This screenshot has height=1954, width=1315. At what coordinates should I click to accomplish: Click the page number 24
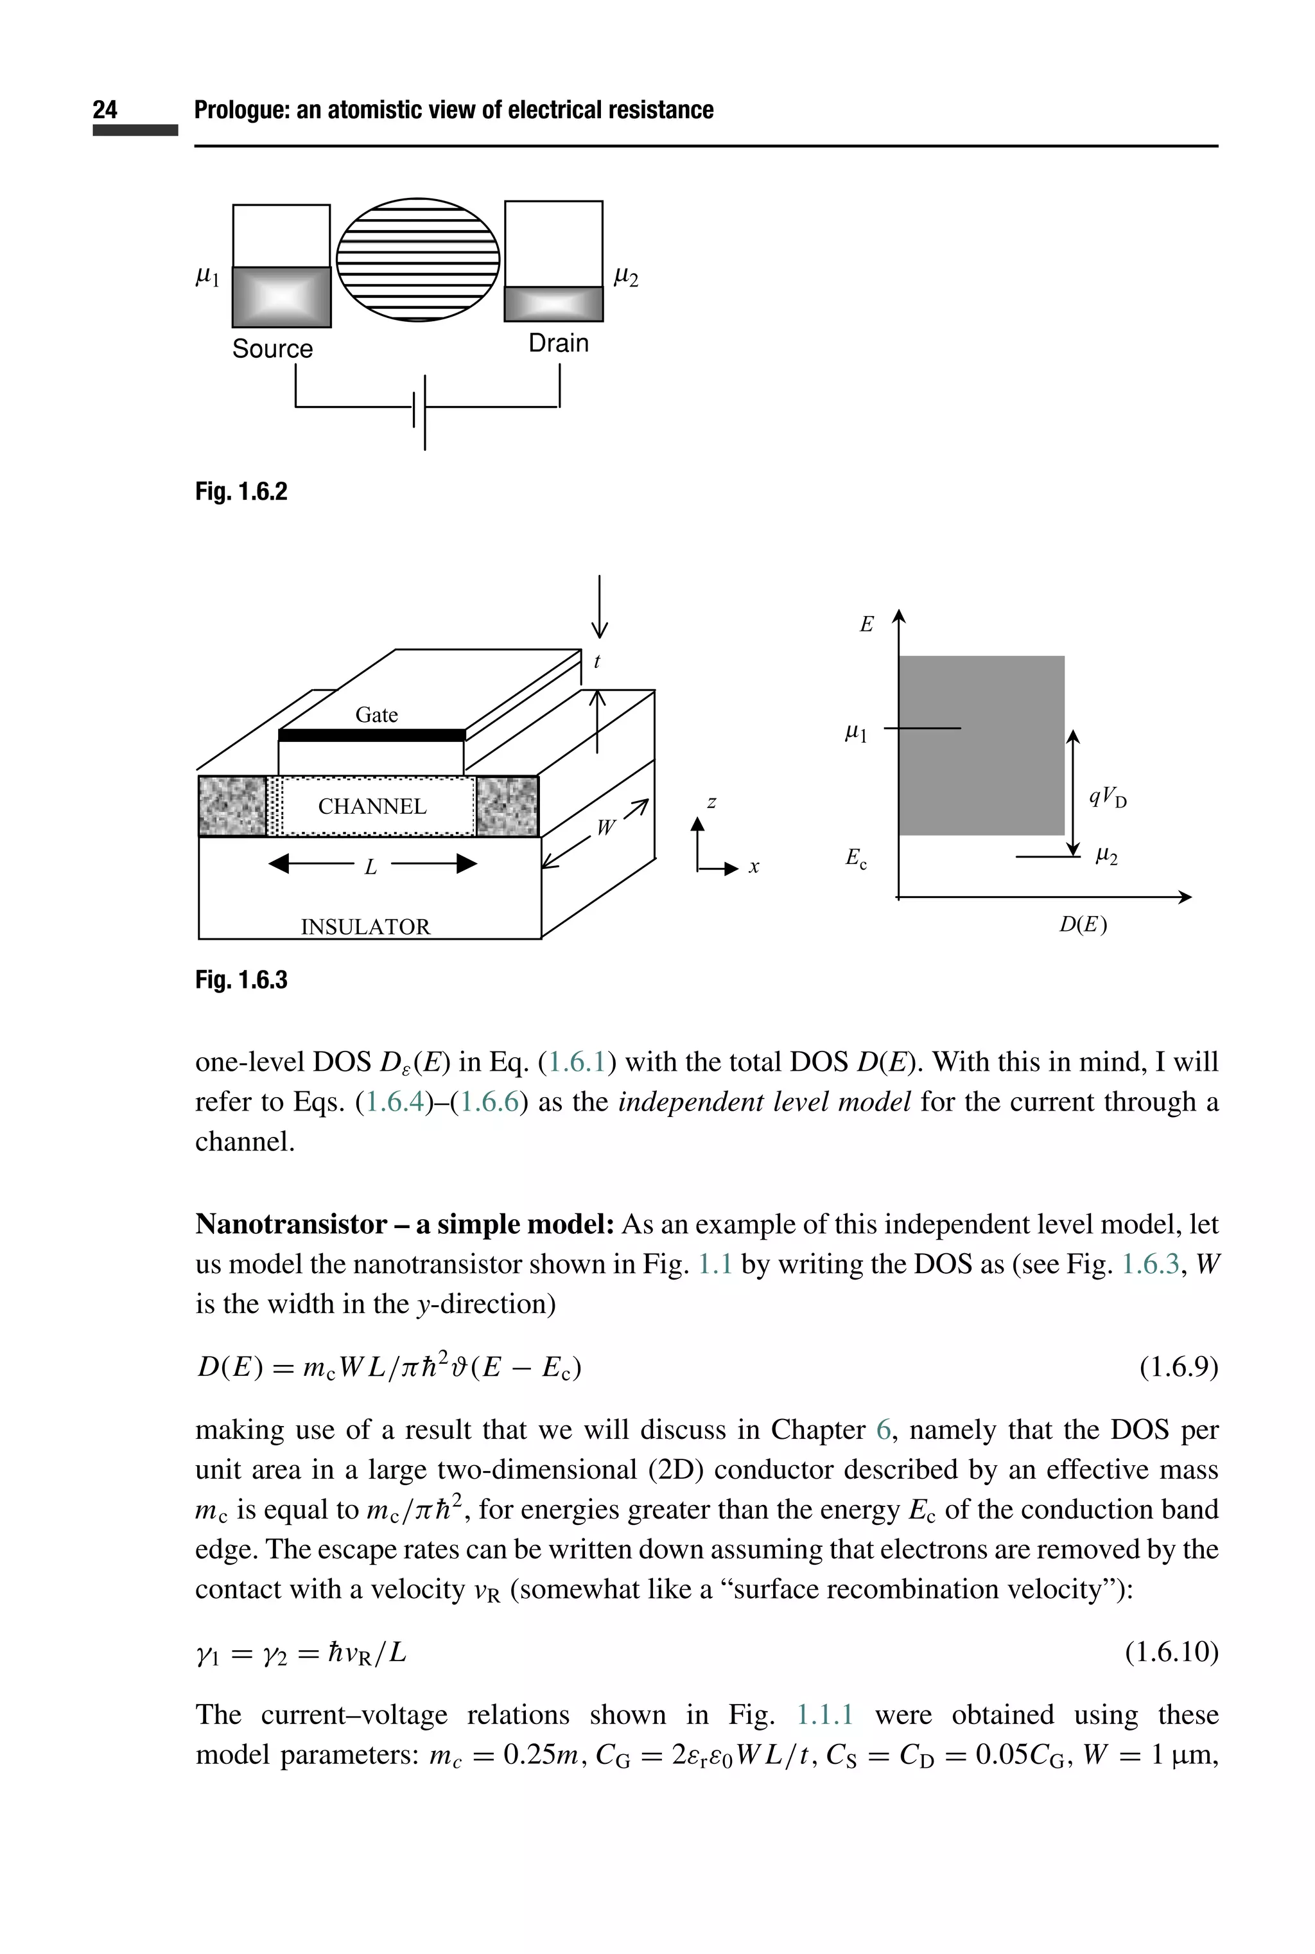pos(105,110)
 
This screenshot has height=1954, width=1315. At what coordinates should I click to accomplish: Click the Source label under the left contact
pos(272,349)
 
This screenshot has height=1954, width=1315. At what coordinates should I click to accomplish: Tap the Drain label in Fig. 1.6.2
pos(559,343)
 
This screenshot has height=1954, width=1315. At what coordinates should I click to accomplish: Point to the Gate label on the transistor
pos(376,715)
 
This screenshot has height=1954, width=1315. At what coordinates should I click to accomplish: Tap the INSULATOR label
pos(365,926)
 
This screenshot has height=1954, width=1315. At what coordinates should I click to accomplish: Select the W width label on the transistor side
pos(605,828)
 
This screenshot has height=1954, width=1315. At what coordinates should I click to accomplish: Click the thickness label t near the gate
pos(597,662)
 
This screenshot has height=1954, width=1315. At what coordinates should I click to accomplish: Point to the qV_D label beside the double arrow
pos(1108,797)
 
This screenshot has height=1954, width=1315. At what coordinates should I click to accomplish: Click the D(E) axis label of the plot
pos(1083,924)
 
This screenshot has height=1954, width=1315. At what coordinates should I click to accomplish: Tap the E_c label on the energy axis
pos(855,858)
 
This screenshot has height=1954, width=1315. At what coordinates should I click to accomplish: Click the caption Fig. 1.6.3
pos(241,980)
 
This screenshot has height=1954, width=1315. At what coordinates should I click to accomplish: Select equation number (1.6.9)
pos(1178,1368)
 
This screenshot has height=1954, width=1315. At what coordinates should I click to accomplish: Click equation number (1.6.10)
pos(1171,1652)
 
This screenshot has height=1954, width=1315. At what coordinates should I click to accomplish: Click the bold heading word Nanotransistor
pos(291,1224)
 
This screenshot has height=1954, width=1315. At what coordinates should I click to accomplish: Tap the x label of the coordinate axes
pos(754,868)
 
